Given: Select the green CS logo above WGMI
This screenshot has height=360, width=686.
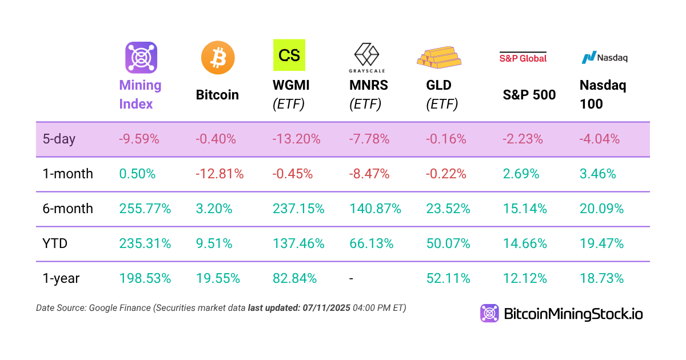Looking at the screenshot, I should pyautogui.click(x=289, y=55).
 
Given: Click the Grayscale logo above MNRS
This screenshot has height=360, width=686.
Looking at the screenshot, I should pyautogui.click(x=366, y=58).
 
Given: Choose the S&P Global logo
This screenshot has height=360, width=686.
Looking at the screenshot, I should pyautogui.click(x=523, y=57).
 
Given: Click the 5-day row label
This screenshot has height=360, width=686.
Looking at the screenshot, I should pyautogui.click(x=59, y=139).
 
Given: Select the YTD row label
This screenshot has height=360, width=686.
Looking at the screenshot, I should pyautogui.click(x=55, y=243).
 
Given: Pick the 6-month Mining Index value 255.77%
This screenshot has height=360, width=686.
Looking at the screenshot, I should pyautogui.click(x=145, y=209).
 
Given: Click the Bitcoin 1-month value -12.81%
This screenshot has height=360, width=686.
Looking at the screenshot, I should pyautogui.click(x=220, y=174).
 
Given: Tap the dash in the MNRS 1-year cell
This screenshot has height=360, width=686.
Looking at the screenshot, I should pyautogui.click(x=352, y=278).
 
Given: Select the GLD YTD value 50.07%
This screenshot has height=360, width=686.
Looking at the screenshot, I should pyautogui.click(x=448, y=243).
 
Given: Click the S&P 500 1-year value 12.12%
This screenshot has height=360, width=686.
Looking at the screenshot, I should pyautogui.click(x=525, y=278).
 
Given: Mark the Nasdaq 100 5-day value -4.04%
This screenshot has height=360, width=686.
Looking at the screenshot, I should pyautogui.click(x=600, y=139).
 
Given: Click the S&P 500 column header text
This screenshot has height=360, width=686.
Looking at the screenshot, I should pyautogui.click(x=529, y=95).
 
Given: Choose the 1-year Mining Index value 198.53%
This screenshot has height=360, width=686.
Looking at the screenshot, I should pyautogui.click(x=145, y=278).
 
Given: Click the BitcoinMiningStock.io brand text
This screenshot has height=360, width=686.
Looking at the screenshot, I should pyautogui.click(x=573, y=313).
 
